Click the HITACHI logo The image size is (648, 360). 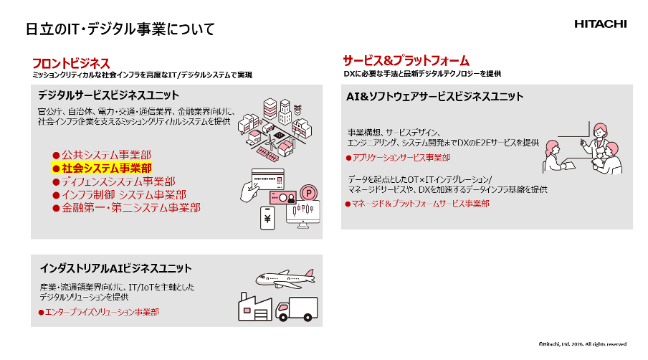(600, 24)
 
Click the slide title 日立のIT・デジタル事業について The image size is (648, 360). (120, 29)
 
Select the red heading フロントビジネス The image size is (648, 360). (71, 63)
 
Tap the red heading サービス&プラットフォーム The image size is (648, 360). (406, 61)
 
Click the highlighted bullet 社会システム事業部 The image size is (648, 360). (102, 168)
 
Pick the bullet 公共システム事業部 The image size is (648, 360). (102, 155)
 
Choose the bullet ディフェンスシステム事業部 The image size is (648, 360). (114, 181)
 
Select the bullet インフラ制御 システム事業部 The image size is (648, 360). (120, 194)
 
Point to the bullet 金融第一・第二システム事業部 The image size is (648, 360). (126, 207)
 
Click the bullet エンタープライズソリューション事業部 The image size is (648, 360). (99, 312)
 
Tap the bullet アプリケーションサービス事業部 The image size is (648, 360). (399, 158)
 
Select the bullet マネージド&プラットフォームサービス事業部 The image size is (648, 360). (417, 204)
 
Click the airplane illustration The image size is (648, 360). (285, 278)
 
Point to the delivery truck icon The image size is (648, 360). (297, 309)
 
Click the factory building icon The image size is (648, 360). (255, 307)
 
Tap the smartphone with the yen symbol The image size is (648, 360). (267, 218)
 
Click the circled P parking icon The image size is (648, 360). (309, 193)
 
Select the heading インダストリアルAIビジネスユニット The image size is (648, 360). (115, 268)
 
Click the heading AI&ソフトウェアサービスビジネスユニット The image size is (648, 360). (435, 96)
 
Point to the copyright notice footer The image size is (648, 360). (582, 344)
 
